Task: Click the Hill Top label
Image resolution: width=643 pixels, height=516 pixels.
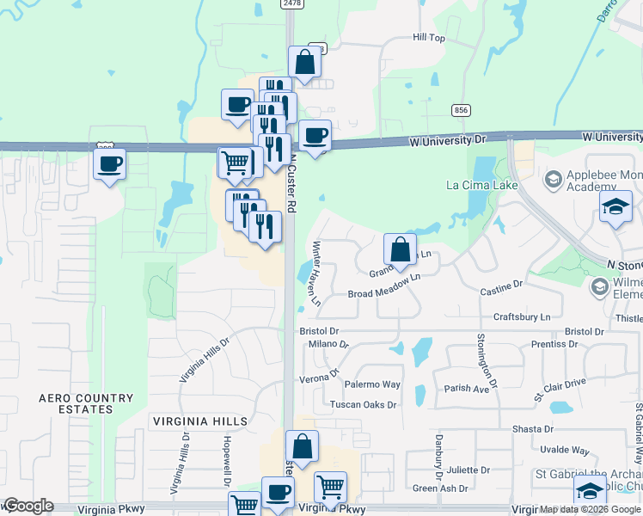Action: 428,38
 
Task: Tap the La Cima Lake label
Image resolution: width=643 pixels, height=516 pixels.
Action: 481,184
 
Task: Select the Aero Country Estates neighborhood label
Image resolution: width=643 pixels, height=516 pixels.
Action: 87,403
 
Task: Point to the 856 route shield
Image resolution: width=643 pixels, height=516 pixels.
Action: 462,109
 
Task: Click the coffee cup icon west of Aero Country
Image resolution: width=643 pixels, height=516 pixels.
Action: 109,163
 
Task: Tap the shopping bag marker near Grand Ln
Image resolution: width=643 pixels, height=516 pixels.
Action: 400,249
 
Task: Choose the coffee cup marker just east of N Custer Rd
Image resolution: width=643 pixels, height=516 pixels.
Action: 315,136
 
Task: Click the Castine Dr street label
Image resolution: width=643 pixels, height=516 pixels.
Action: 501,283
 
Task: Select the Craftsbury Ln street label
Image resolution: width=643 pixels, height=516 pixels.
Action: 522,317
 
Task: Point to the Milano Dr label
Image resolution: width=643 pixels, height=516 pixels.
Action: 328,344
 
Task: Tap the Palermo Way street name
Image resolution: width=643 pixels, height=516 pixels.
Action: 379,384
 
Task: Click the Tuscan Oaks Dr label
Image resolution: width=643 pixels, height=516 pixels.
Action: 363,404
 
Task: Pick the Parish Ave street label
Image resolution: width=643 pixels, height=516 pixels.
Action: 467,389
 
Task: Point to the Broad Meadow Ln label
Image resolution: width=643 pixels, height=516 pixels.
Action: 383,294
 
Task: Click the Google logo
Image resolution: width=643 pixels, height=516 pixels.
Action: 28,506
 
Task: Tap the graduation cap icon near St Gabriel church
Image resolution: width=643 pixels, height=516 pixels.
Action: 590,492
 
